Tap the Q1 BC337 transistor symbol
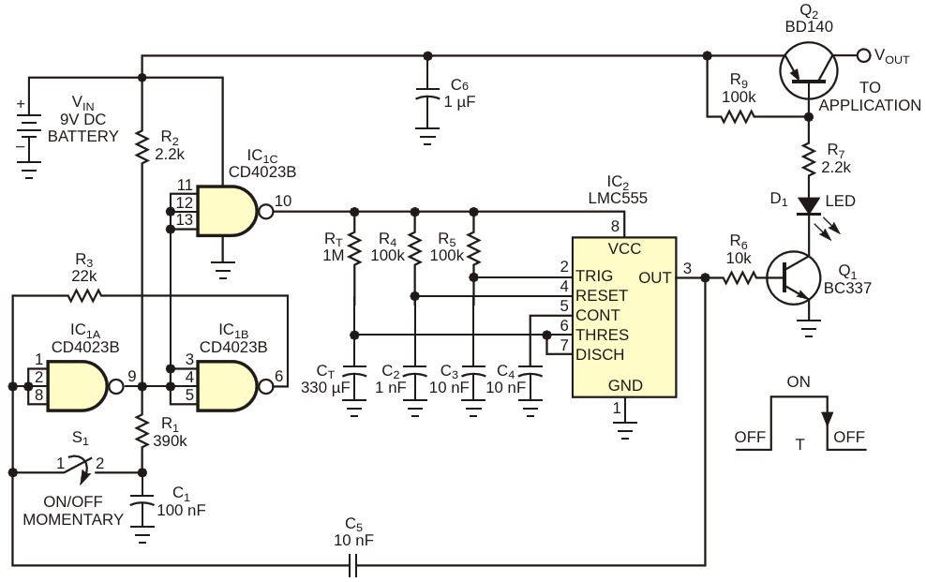tap(793, 278)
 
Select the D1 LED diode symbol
tap(809, 206)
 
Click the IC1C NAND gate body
tap(228, 211)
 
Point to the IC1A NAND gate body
tap(78, 387)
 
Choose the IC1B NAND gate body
tap(228, 387)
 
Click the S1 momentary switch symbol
tap(80, 467)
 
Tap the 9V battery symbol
tap(28, 138)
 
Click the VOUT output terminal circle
tap(863, 55)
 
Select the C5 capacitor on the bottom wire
tap(352, 565)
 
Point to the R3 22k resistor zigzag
tap(84, 295)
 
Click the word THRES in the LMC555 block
tap(603, 335)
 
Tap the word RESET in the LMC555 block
tap(602, 295)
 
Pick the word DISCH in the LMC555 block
tap(600, 355)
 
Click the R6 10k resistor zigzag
tap(739, 277)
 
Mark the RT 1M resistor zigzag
tap(354, 248)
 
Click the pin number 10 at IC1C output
tap(283, 201)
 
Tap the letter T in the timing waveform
tap(799, 444)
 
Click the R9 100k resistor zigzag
tap(737, 117)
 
